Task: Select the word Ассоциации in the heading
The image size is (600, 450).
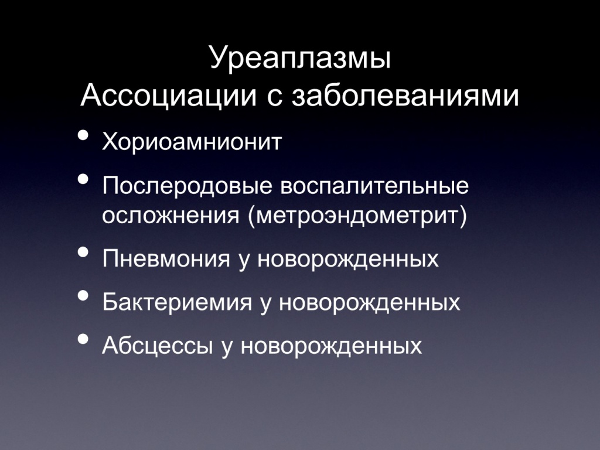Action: click(x=169, y=96)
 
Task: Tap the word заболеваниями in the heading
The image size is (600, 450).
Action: click(x=405, y=96)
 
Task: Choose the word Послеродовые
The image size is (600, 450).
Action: click(x=187, y=186)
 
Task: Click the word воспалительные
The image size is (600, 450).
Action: click(x=375, y=186)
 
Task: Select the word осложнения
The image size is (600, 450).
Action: click(x=171, y=216)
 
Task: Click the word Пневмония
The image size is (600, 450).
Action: click(x=166, y=259)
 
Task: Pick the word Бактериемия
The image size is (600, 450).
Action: click(x=177, y=302)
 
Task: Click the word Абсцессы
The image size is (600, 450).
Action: click(x=157, y=346)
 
